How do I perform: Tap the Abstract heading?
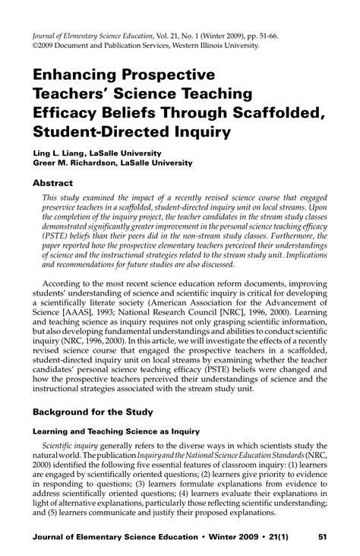tap(52, 183)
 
